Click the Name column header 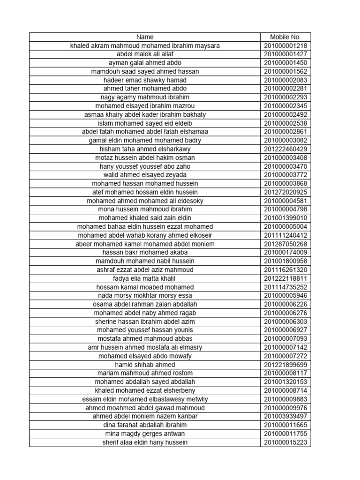click(145, 37)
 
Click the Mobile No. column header click(285, 37)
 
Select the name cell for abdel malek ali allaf click(145, 54)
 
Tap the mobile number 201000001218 click(285, 46)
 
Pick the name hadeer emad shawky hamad click(145, 80)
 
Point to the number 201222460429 click(285, 149)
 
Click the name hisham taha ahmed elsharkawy click(145, 149)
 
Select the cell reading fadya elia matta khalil click(145, 278)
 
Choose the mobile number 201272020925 click(285, 192)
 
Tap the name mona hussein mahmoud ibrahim click(145, 210)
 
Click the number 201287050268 click(285, 244)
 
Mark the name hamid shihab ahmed click(145, 365)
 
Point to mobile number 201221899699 click(285, 365)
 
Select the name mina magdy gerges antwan click(145, 434)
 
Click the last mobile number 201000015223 click(285, 442)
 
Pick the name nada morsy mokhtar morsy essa click(145, 296)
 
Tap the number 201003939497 click(285, 416)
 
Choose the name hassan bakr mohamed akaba click(145, 253)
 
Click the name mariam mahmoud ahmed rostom click(145, 373)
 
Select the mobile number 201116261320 click(285, 270)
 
